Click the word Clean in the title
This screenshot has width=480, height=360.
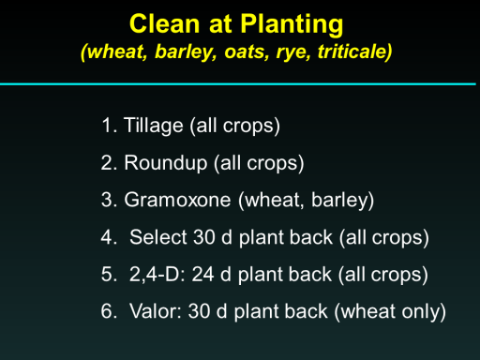click(165, 23)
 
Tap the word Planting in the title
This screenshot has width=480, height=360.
click(292, 25)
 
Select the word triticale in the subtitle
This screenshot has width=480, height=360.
click(354, 52)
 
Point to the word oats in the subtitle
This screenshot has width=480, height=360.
click(247, 52)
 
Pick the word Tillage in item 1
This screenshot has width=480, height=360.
click(153, 126)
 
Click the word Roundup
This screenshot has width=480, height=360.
click(166, 163)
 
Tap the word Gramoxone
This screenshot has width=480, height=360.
click(177, 200)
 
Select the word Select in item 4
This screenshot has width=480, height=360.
click(158, 237)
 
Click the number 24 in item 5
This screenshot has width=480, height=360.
click(202, 275)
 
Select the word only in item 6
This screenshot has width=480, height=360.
click(424, 312)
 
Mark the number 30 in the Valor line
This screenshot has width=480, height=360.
click(200, 311)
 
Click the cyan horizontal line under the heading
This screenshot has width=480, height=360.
click(238, 83)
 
